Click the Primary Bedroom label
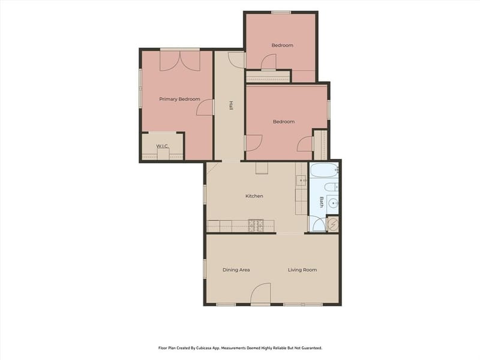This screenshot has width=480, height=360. (179, 99)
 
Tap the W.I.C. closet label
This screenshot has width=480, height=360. (163, 146)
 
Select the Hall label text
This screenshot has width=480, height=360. (231, 106)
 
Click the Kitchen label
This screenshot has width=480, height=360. (254, 196)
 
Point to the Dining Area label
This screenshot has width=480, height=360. (236, 269)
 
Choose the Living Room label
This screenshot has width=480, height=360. (302, 269)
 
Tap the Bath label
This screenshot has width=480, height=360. (322, 202)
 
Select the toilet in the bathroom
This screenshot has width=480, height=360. (331, 187)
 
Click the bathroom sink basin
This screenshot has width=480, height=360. (333, 202)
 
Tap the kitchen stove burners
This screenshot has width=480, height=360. (256, 226)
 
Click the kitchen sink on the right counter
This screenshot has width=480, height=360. (302, 181)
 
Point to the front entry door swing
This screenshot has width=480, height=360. (261, 293)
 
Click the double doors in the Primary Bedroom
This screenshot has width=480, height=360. (180, 61)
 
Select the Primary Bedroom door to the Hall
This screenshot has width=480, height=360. (205, 107)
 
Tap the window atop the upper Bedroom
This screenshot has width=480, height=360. (281, 13)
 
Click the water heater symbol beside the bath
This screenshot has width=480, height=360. (332, 224)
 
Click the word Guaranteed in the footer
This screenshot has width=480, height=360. (312, 348)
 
